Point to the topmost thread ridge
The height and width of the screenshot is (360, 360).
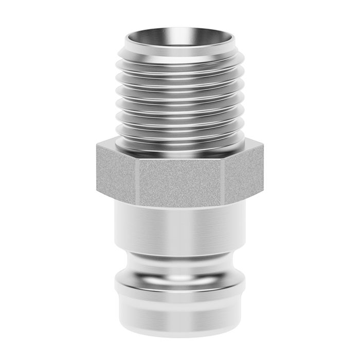click(x=179, y=58)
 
